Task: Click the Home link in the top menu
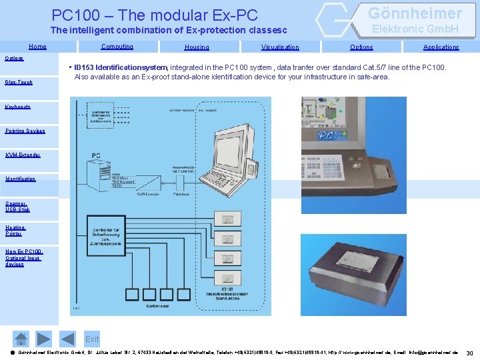click(37, 47)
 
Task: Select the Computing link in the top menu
click(117, 47)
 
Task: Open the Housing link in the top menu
click(197, 47)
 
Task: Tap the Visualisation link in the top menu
click(280, 47)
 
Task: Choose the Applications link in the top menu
click(441, 47)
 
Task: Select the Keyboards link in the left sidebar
click(17, 107)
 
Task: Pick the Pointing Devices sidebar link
click(25, 131)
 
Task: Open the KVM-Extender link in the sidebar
click(23, 155)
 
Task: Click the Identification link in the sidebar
click(20, 179)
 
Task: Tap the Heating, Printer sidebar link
click(15, 231)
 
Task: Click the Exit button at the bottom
click(92, 339)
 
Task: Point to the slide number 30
click(469, 353)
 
